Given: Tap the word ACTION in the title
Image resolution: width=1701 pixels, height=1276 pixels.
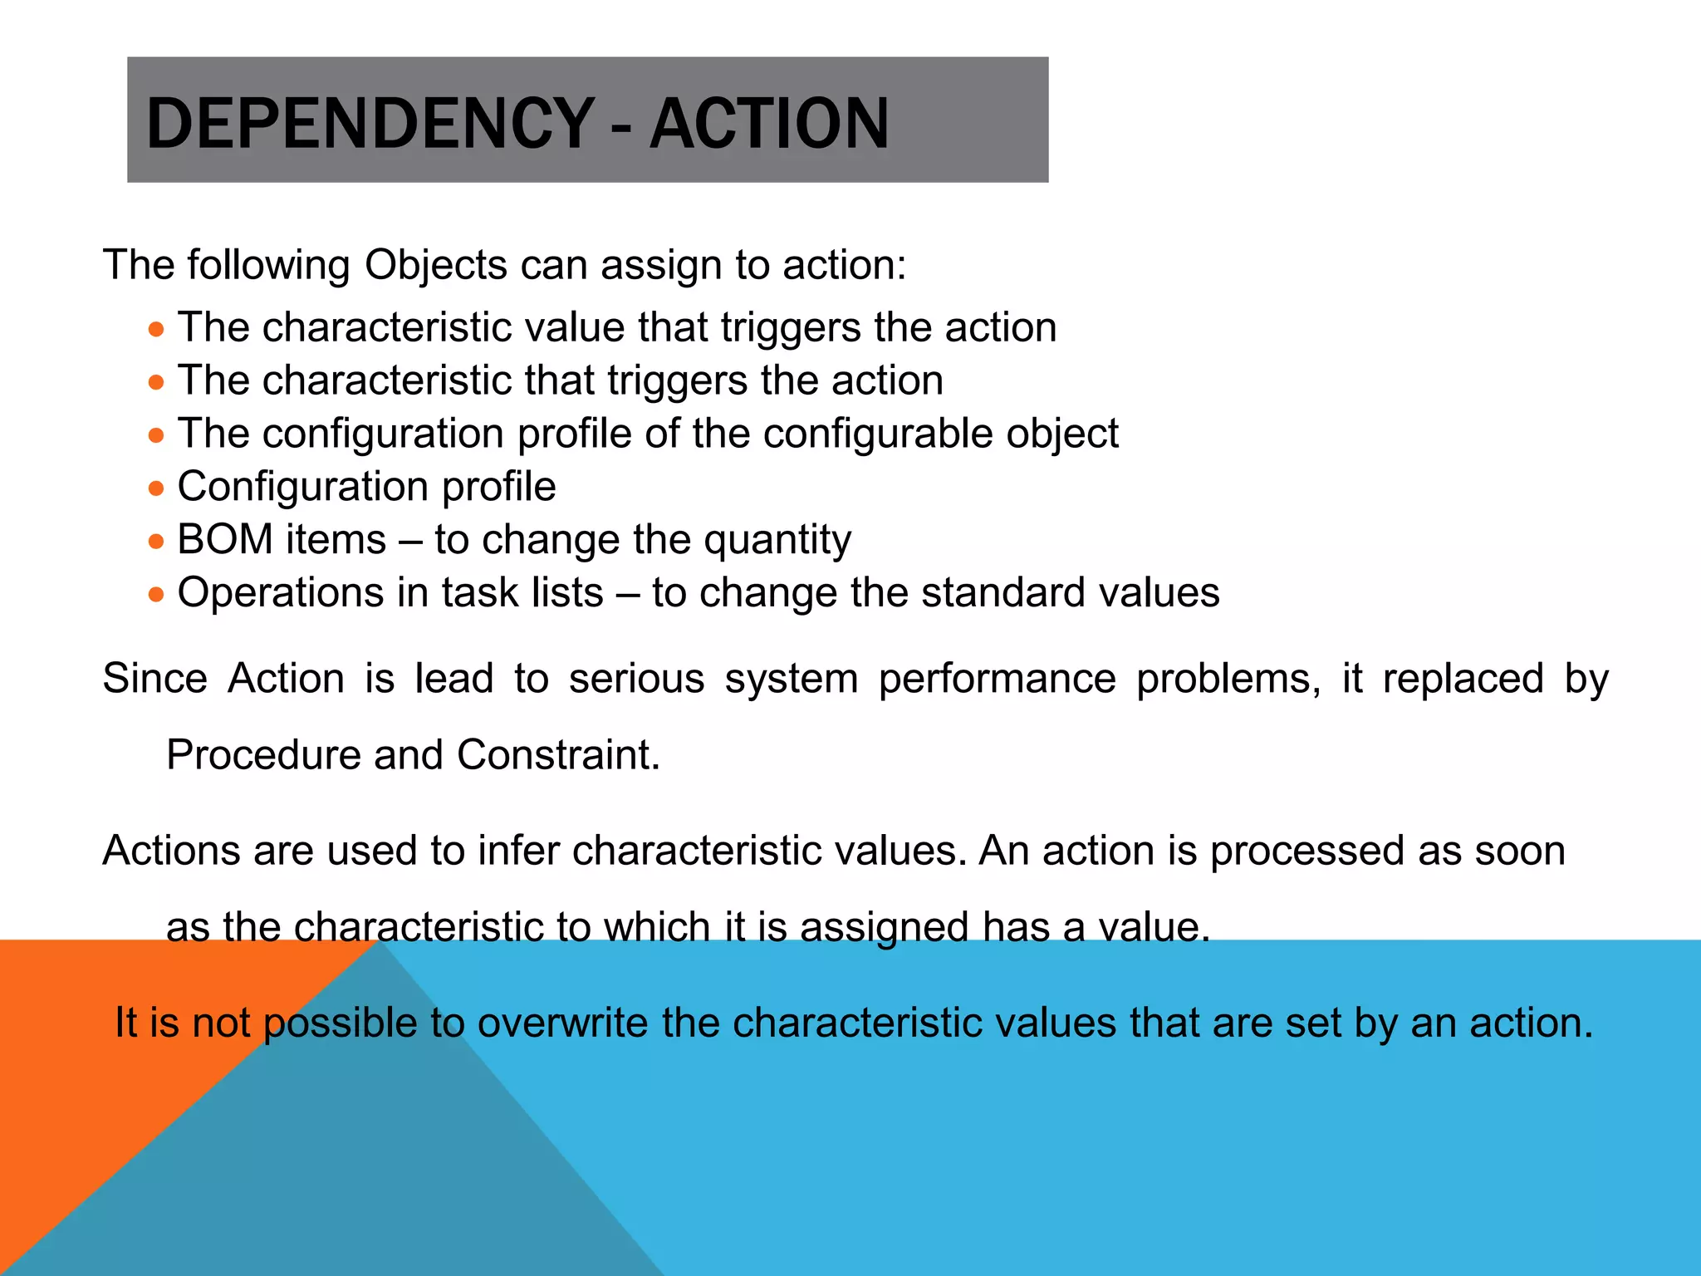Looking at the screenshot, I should coord(769,124).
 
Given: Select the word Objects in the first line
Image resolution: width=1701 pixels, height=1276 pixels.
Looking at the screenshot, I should coord(435,266).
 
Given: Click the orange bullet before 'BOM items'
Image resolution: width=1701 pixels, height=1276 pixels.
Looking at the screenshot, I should coord(156,542).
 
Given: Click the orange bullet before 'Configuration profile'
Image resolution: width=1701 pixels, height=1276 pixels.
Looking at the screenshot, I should coord(156,488).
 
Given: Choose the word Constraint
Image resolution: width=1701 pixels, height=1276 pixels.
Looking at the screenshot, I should coord(558,755).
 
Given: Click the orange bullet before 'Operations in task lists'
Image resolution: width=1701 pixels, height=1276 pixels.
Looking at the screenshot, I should coord(156,595).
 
